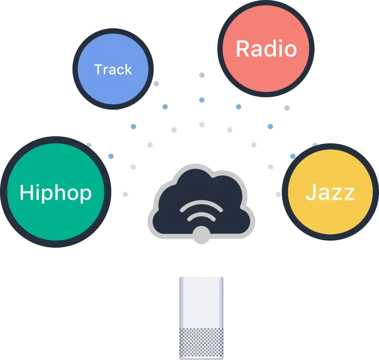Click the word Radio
(x=266, y=49)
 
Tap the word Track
(x=113, y=69)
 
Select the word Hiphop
(x=56, y=193)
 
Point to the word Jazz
(x=330, y=193)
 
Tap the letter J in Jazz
(x=310, y=193)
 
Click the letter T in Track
(x=99, y=69)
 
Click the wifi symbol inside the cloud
(x=201, y=211)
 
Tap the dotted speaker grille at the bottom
(x=201, y=342)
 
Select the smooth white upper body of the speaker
(x=201, y=301)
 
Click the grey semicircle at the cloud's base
(x=201, y=234)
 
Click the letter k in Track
(x=128, y=69)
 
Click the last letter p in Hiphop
(x=85, y=195)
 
